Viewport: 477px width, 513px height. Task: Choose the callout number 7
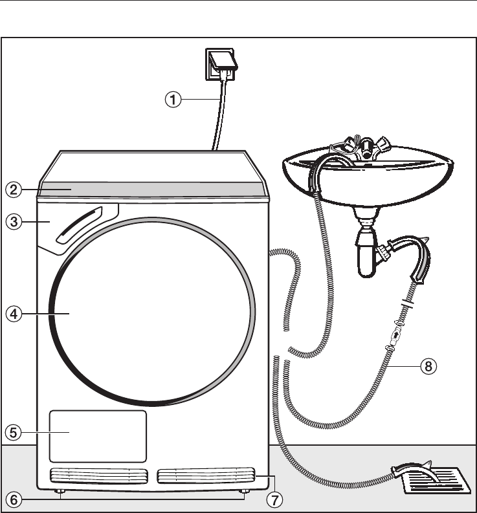tap(274, 499)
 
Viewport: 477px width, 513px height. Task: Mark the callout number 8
tap(427, 367)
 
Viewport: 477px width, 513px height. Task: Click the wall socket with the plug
tap(223, 64)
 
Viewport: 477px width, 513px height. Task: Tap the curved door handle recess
tap(81, 224)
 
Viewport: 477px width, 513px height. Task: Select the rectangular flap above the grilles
tap(98, 435)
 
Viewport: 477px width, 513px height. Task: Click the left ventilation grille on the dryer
tap(98, 477)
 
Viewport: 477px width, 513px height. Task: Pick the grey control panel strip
tap(152, 189)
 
